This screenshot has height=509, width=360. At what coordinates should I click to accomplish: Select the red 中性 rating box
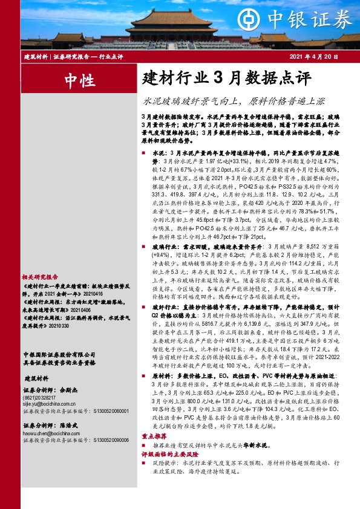coord(79,80)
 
